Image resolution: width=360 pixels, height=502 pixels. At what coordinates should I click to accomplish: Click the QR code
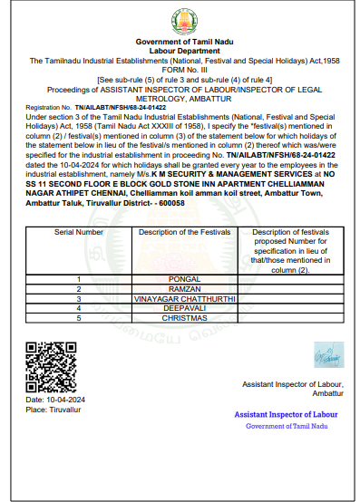(45, 367)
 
